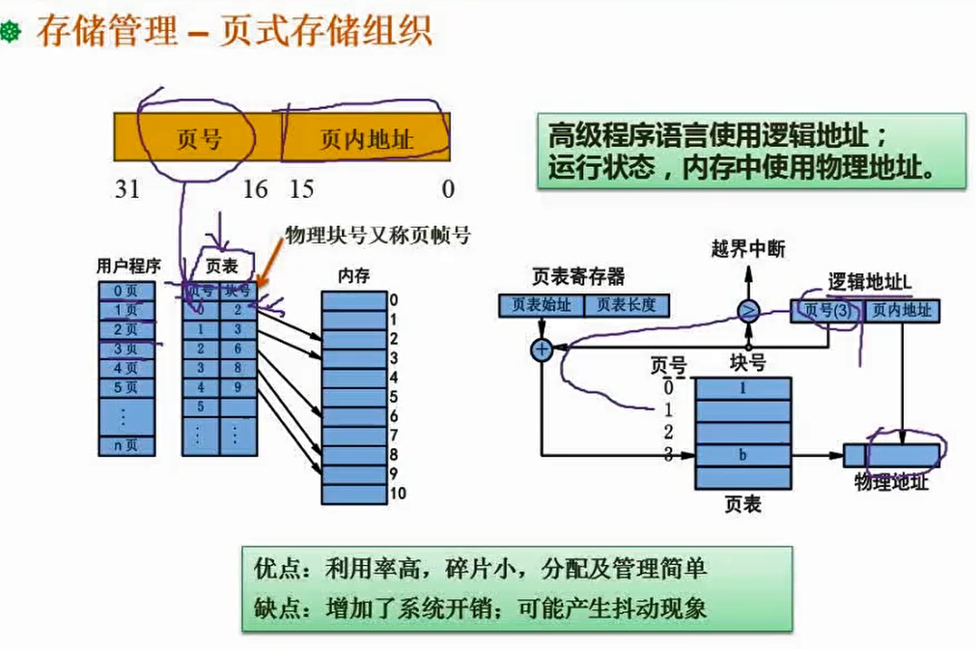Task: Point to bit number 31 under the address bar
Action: [127, 189]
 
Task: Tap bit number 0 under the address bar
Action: [448, 189]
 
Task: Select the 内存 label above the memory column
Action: [352, 276]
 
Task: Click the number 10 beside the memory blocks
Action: [397, 494]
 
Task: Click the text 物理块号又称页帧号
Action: [376, 235]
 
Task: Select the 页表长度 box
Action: [627, 305]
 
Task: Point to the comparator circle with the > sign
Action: [748, 310]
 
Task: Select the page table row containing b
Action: [742, 454]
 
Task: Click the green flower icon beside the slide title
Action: [13, 34]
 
